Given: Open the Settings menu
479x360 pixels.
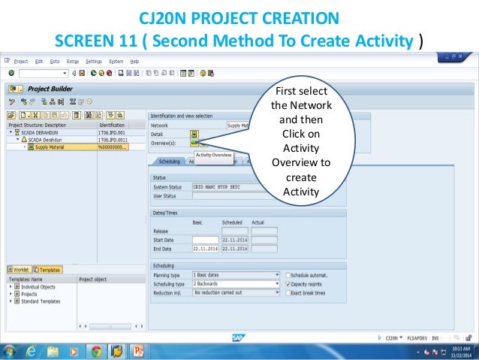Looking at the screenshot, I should (x=94, y=61).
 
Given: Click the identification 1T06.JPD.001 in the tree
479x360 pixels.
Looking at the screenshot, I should (x=112, y=132).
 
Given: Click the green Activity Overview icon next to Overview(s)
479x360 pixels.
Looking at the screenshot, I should (x=194, y=141).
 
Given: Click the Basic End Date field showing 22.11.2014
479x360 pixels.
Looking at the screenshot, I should (x=205, y=248).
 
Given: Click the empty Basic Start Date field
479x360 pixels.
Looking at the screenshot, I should (x=205, y=240).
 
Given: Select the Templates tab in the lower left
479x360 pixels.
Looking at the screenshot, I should (x=50, y=269).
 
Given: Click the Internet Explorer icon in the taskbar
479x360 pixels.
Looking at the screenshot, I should (x=32, y=351).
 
